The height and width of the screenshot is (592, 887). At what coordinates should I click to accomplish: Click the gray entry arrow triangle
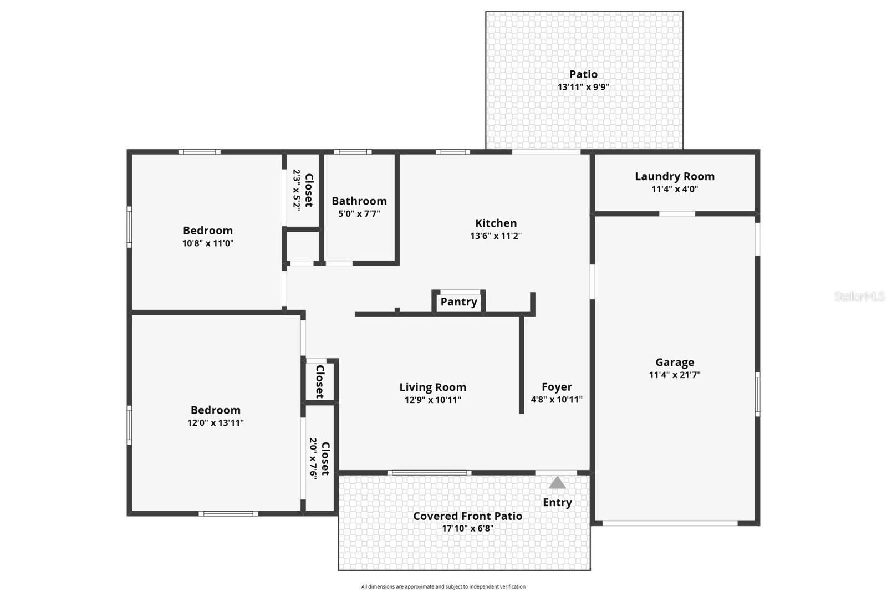tap(557, 483)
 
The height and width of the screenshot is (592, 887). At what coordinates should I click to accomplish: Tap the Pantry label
tap(458, 302)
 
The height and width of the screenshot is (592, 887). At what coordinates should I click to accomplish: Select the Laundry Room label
tap(674, 176)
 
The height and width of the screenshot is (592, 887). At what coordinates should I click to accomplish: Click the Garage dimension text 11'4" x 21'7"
tap(675, 375)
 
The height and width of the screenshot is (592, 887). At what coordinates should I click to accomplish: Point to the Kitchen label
tap(496, 223)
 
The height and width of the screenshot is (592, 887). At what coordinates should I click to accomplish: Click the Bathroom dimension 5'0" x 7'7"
tap(359, 213)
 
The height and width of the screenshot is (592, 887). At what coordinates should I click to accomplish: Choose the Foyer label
tap(557, 387)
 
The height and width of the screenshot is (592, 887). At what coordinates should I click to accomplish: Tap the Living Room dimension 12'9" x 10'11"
tap(432, 400)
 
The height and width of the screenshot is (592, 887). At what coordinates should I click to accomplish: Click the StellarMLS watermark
tap(859, 297)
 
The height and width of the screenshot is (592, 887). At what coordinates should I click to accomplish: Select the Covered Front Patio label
tap(467, 516)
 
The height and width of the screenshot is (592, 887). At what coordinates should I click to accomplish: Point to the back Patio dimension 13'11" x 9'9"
tap(583, 87)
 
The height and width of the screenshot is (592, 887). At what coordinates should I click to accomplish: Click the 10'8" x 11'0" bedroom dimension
tap(208, 243)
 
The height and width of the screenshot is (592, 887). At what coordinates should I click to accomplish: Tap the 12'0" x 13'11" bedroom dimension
tap(216, 422)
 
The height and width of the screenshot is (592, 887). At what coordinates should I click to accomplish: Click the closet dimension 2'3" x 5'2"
tap(297, 189)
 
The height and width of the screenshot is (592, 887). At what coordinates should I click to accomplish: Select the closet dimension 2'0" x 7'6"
tap(313, 458)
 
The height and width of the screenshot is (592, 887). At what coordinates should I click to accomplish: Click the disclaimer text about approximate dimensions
tap(443, 586)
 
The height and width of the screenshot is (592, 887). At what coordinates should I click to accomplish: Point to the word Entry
tap(557, 502)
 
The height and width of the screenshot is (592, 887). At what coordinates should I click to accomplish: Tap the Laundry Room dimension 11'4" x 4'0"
tap(674, 189)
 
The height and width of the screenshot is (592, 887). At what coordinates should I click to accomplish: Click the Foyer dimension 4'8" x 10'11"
tap(557, 400)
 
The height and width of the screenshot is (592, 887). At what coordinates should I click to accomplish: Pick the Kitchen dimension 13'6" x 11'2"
tap(496, 236)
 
